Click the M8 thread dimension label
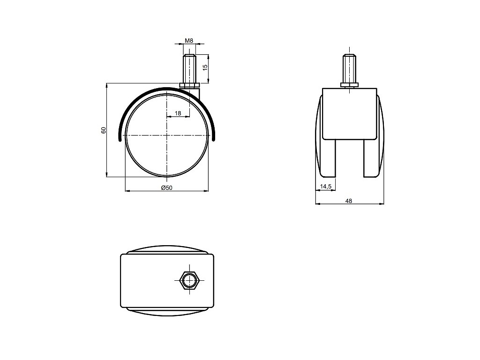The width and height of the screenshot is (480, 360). (x=189, y=40)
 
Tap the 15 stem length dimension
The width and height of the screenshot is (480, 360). (x=205, y=67)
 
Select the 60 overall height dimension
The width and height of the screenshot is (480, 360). (x=104, y=130)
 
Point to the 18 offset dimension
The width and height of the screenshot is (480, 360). (x=178, y=113)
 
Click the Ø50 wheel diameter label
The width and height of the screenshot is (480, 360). (x=167, y=187)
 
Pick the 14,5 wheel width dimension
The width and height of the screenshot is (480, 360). (x=326, y=187)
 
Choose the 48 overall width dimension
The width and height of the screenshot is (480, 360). (x=349, y=201)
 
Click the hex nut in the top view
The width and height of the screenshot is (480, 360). (x=190, y=279)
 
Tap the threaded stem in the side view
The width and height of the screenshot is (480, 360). (x=190, y=68)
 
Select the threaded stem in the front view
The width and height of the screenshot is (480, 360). (x=350, y=68)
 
